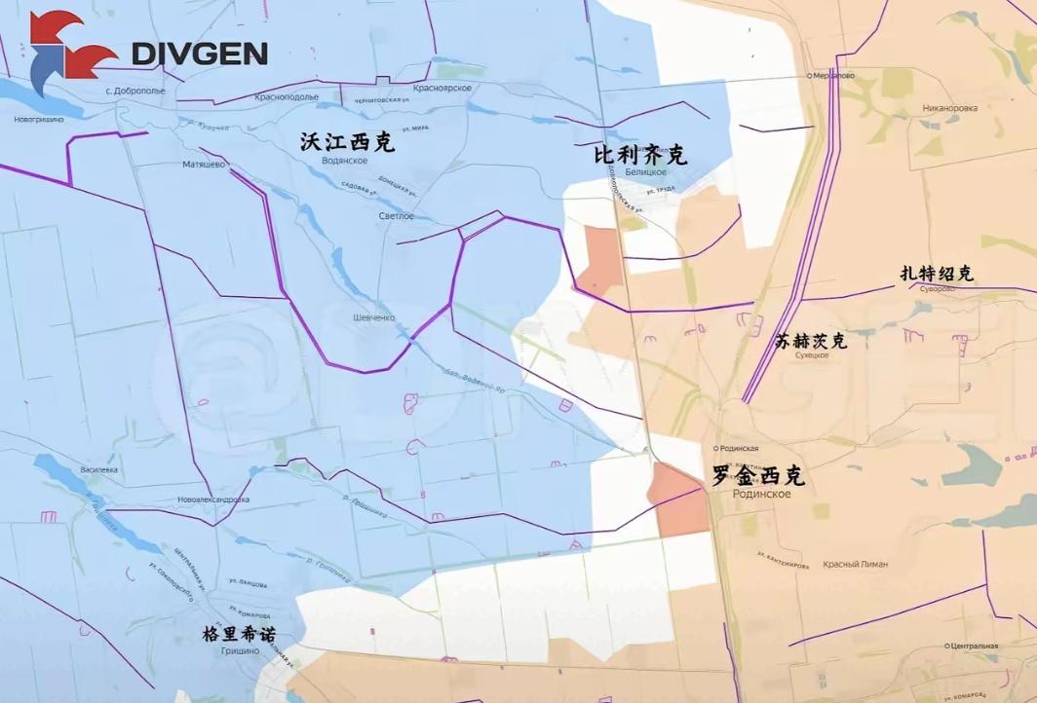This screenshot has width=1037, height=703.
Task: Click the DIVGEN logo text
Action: point(200,54)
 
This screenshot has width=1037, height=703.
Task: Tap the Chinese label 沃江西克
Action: point(347,142)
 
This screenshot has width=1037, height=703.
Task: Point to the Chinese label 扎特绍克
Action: point(937,274)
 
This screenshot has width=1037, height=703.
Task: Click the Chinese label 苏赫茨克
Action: point(811,341)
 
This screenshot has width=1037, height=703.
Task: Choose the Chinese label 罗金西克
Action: point(759,476)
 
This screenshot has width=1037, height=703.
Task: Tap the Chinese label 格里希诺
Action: point(239,634)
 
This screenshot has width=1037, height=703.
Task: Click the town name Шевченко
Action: point(374,317)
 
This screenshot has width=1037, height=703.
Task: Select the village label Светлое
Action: point(397,215)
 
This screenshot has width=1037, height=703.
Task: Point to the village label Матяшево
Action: point(204,165)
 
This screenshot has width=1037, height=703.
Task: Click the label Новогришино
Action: point(38,119)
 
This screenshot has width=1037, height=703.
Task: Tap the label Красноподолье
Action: point(287,97)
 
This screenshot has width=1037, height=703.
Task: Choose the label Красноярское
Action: point(442,88)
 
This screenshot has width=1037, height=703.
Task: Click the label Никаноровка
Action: point(949,108)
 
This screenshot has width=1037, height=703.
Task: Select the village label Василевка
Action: point(99,469)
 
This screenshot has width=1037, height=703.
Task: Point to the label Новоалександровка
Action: point(213,499)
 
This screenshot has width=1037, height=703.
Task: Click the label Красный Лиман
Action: point(855,564)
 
